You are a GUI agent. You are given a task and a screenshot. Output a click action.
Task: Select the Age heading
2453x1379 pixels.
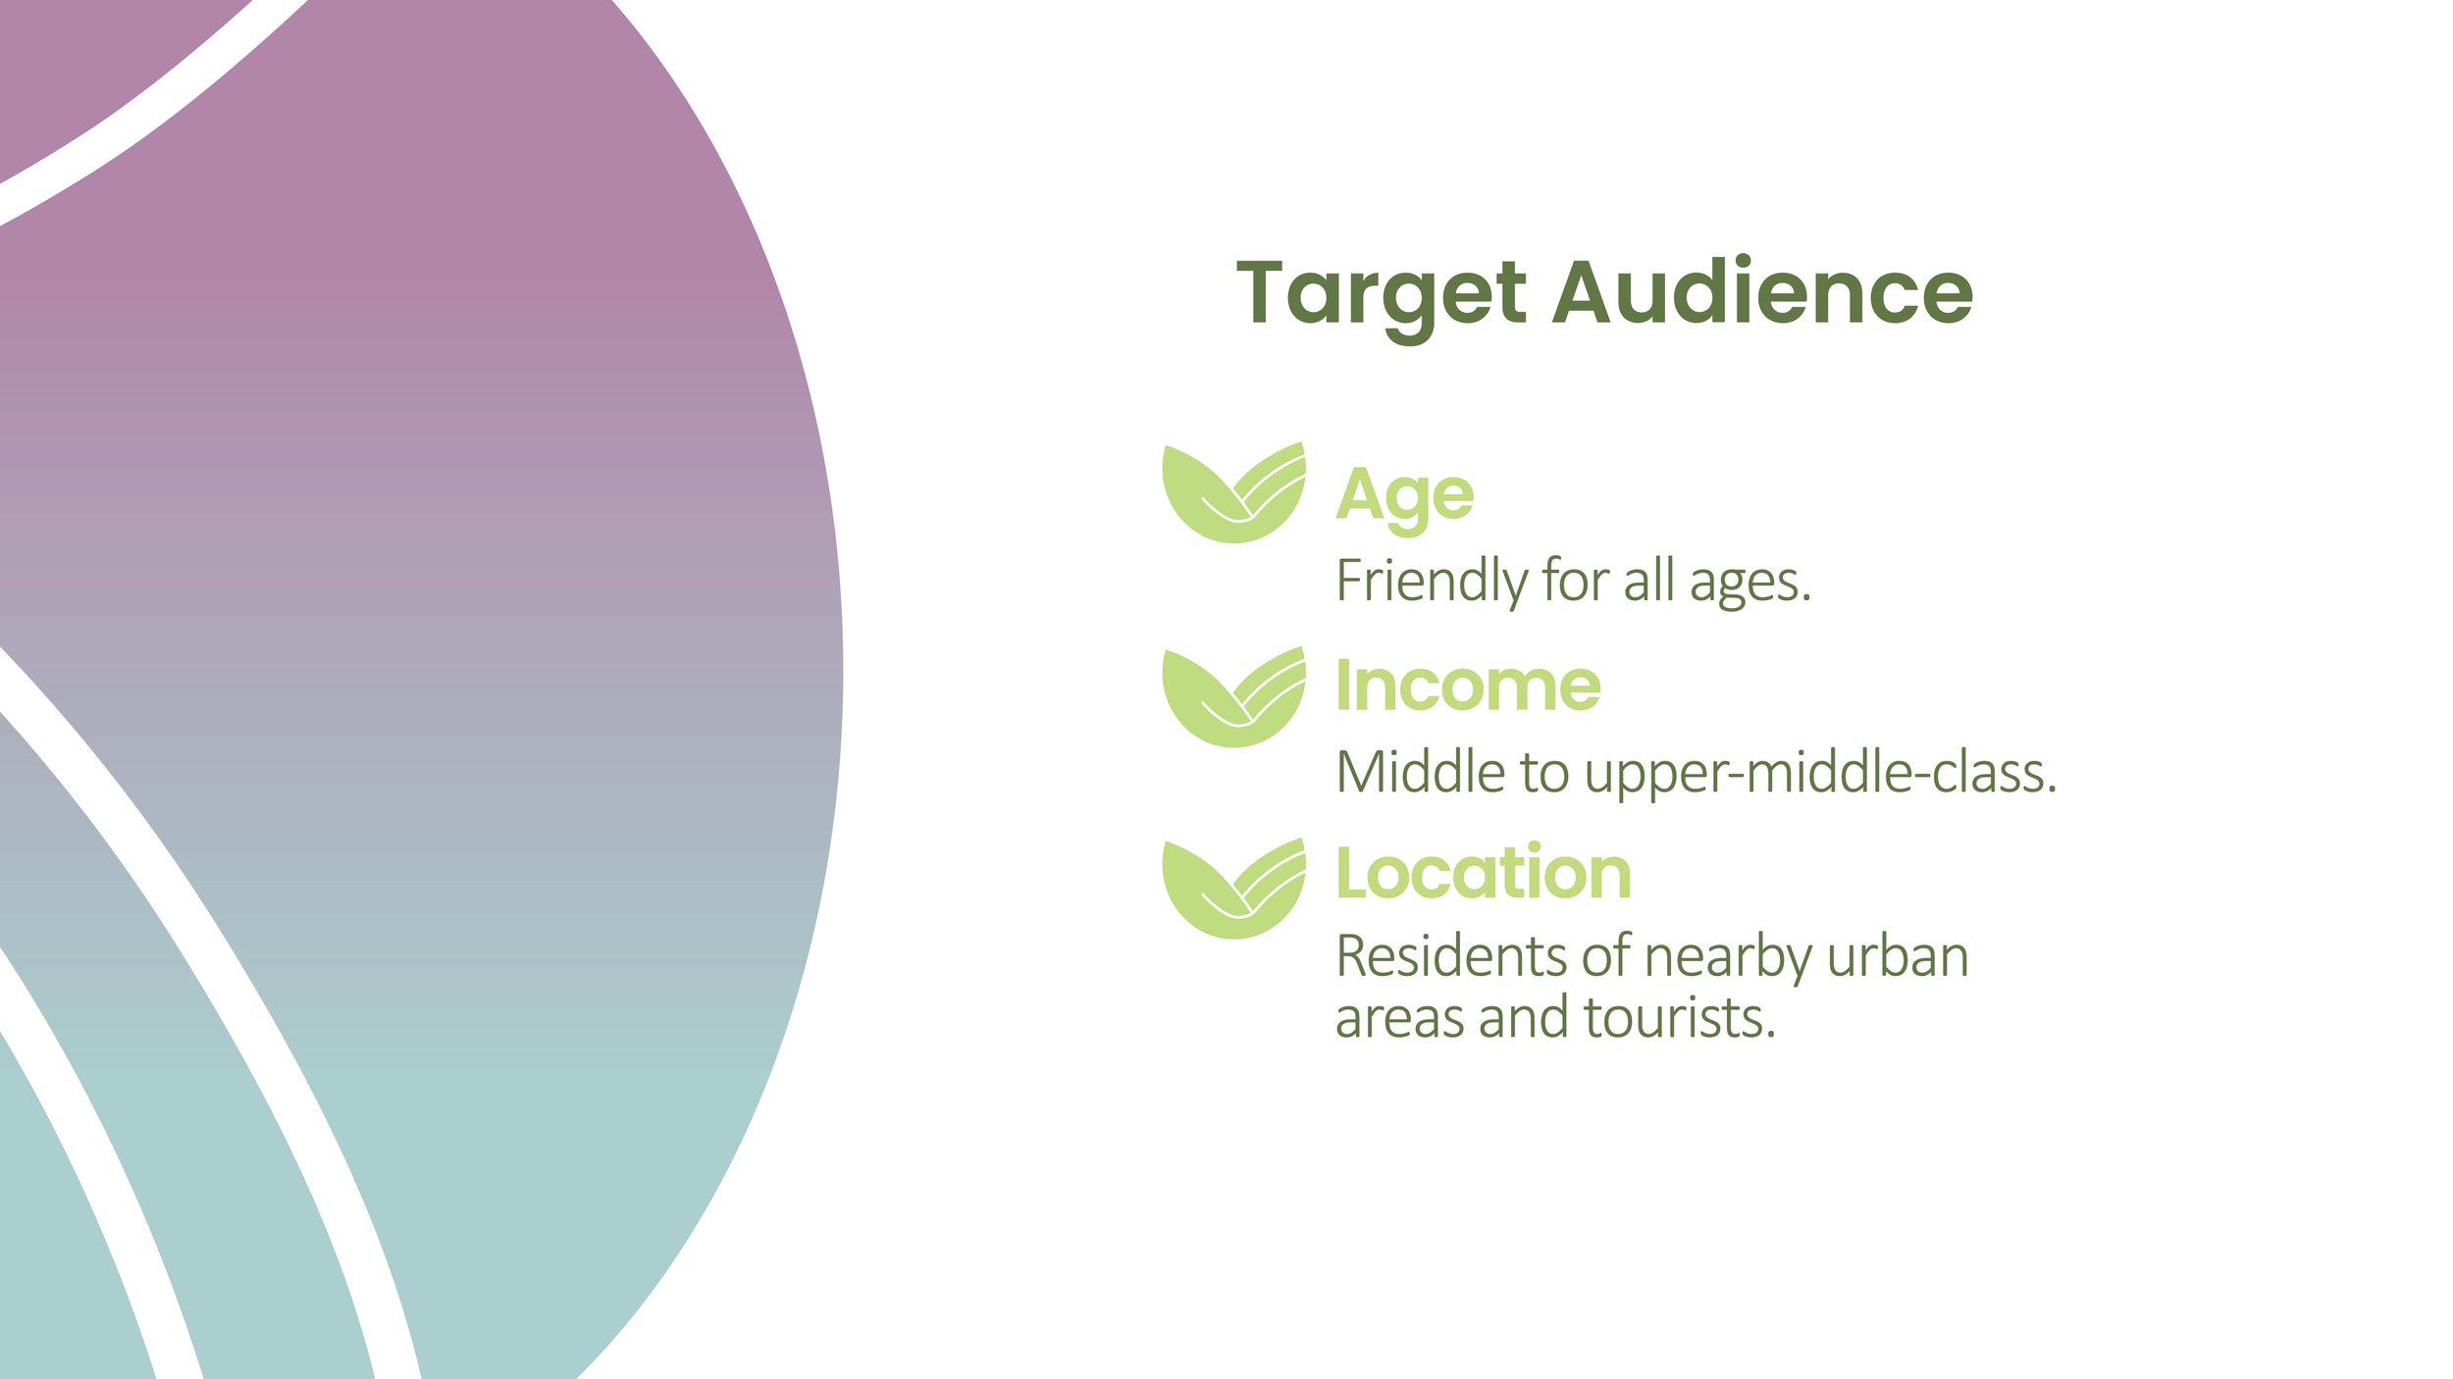[1404, 496]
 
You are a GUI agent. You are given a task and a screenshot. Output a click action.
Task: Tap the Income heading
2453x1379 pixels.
[1468, 686]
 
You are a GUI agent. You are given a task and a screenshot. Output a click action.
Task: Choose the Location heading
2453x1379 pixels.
[1484, 873]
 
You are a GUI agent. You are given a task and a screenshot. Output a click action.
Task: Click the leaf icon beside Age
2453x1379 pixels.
[1233, 493]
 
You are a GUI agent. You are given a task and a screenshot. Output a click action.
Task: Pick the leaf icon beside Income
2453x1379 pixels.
[1233, 697]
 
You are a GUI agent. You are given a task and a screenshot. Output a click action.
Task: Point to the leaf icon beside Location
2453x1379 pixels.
[1233, 889]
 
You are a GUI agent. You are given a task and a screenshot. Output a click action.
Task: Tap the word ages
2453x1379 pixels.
[1749, 582]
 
